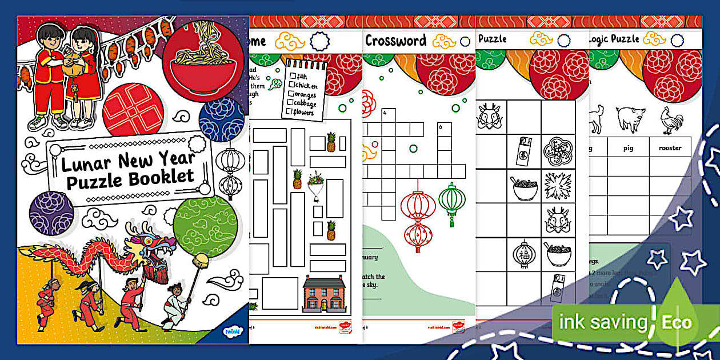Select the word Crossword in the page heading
[x=395, y=41]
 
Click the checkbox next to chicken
[x=292, y=85]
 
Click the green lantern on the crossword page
[x=451, y=201]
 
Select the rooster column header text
[x=670, y=148]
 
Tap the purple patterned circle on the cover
[x=51, y=213]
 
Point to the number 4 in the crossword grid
[x=385, y=113]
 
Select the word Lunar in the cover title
[x=84, y=165]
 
